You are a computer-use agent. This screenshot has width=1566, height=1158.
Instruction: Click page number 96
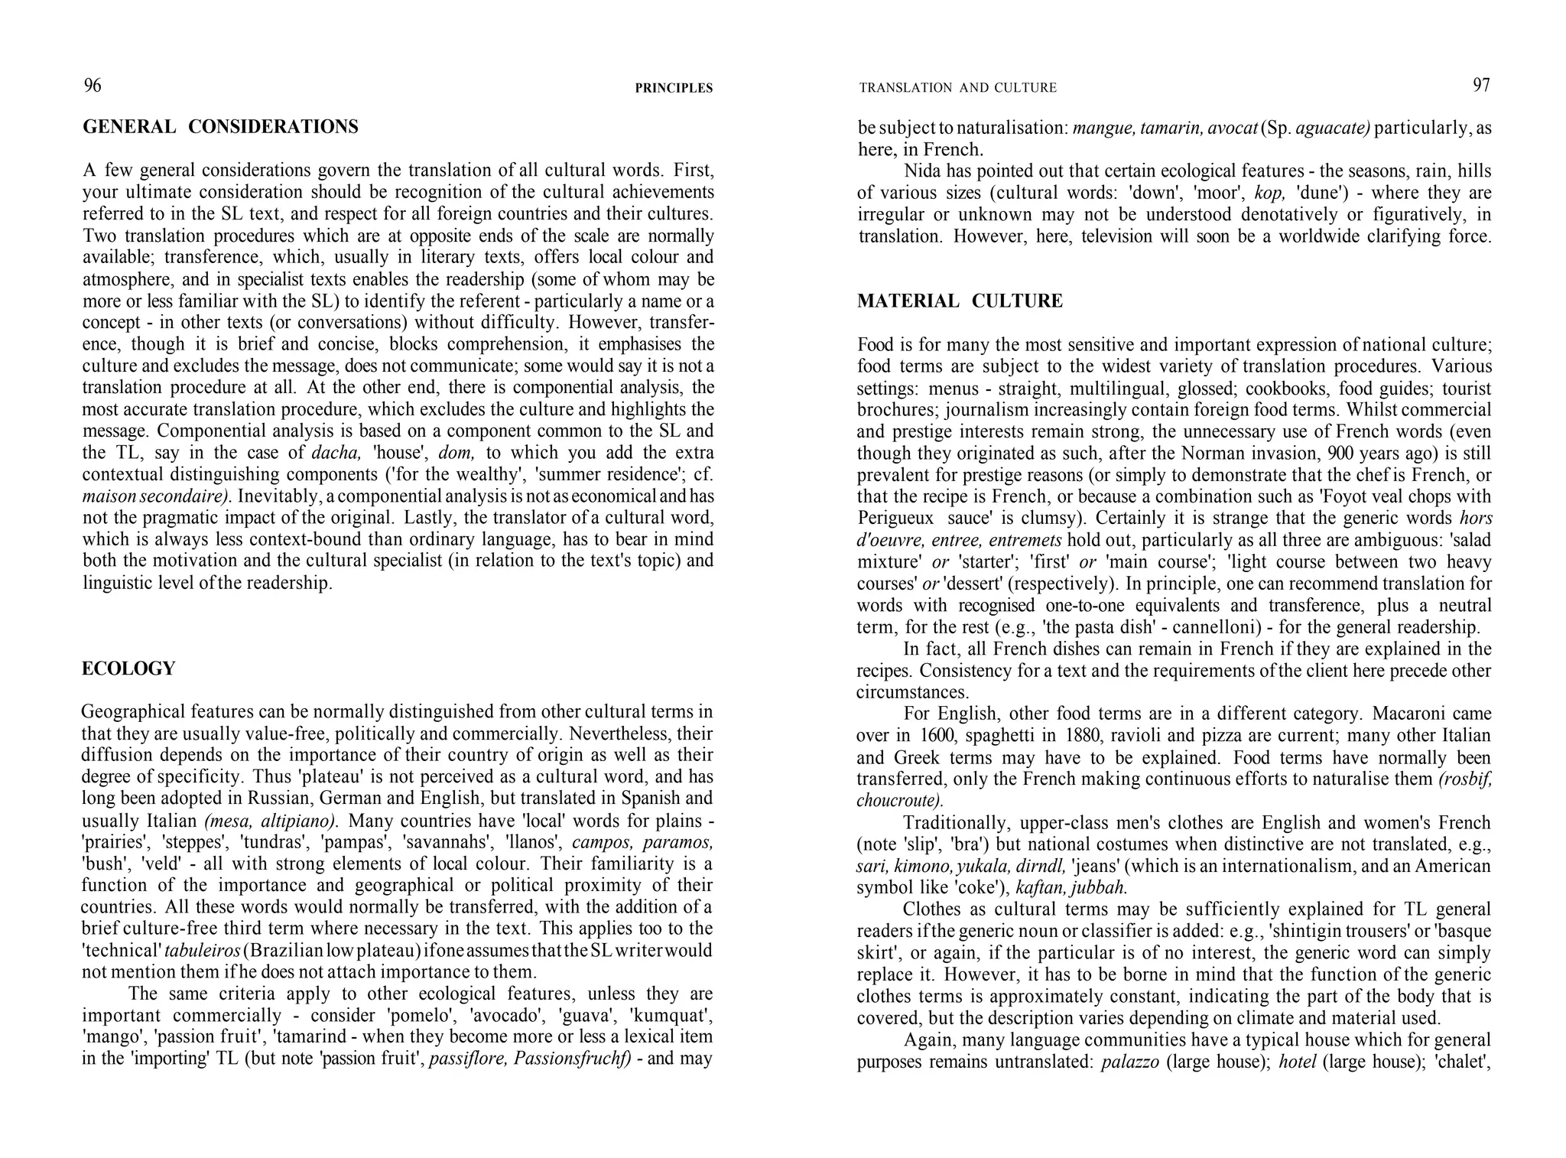click(92, 86)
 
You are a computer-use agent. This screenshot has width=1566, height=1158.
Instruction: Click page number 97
click(1481, 86)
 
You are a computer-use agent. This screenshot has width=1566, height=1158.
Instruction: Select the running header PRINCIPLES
click(673, 89)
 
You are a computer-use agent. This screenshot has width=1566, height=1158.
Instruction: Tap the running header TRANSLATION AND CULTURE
click(957, 89)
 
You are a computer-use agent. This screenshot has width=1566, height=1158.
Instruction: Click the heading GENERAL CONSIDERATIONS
click(220, 127)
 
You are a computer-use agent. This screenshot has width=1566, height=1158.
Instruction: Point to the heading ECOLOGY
click(128, 669)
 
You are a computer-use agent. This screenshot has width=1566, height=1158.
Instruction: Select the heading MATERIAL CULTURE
click(960, 301)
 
